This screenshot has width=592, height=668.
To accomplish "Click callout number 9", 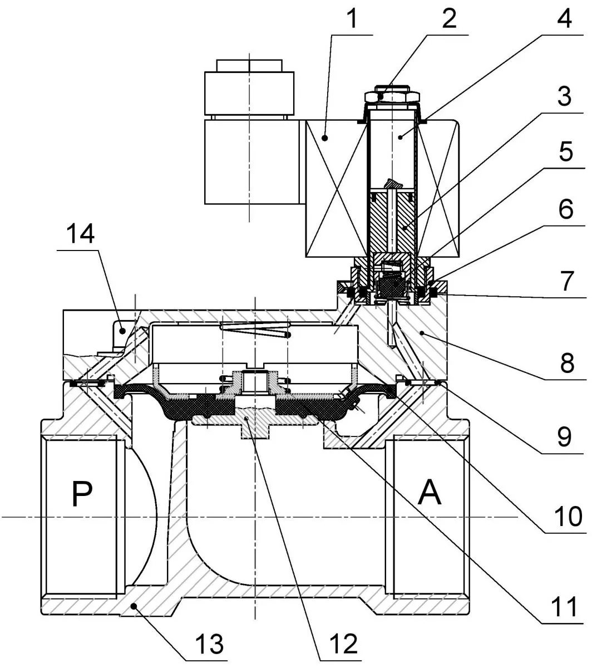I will [564, 436].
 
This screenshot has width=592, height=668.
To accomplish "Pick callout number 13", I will [209, 645].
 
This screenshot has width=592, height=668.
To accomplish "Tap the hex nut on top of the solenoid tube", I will [391, 95].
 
